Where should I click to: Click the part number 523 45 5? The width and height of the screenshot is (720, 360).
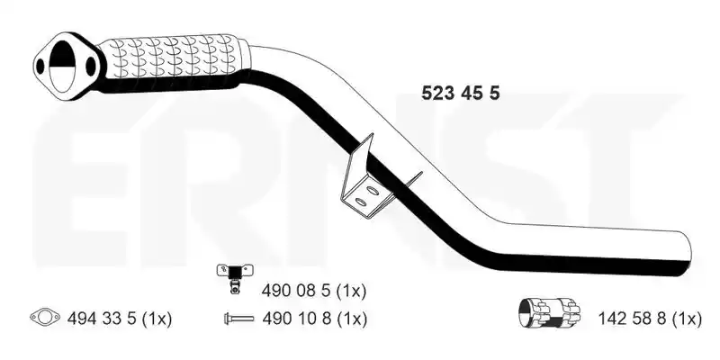pos(461,94)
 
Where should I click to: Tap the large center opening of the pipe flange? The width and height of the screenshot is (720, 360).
pos(61,65)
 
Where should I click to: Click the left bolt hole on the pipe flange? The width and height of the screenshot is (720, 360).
pos(40,67)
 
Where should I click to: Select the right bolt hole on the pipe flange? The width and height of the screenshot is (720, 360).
pos(91,65)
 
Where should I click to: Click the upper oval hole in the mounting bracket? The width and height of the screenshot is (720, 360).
pos(372,189)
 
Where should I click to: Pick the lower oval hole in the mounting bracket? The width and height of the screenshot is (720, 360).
pos(361,202)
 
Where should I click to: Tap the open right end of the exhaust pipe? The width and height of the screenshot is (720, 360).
pos(685,254)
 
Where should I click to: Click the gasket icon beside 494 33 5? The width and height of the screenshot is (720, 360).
pos(44,317)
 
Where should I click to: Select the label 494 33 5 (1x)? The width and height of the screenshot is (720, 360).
pos(120,318)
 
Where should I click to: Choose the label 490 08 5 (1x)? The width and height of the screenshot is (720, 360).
pos(314,291)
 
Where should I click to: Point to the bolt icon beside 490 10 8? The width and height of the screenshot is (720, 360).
pos(238,318)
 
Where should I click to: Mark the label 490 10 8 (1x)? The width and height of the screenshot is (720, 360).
pos(314,318)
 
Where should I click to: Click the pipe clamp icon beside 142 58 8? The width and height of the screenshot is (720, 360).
pos(549,312)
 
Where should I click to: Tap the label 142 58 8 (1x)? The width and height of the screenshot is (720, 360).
pos(650,318)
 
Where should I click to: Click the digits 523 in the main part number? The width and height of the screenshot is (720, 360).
pos(438,94)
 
